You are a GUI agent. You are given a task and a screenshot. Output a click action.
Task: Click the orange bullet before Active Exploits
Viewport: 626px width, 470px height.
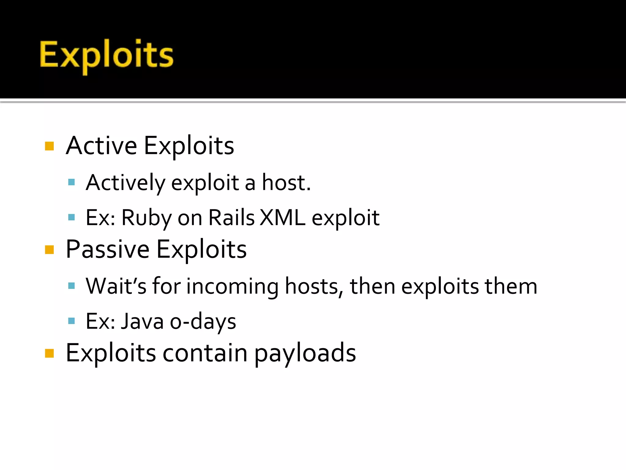tap(49, 146)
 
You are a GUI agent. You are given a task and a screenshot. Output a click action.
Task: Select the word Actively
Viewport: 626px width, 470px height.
tap(125, 183)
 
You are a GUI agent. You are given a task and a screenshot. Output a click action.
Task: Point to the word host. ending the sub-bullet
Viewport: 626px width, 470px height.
tap(286, 183)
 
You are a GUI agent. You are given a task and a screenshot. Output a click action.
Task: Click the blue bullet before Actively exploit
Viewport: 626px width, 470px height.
tap(72, 183)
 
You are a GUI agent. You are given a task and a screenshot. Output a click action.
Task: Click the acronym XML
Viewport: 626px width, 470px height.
tap(282, 218)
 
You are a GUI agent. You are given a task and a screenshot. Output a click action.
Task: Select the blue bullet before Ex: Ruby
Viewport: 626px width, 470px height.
tap(72, 218)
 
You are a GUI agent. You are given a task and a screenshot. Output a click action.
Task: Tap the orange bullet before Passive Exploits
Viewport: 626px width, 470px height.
tap(49, 250)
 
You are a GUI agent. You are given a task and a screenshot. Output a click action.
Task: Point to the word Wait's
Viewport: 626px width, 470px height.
tap(116, 286)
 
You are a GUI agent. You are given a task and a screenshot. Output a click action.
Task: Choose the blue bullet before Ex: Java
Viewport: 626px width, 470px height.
tap(72, 321)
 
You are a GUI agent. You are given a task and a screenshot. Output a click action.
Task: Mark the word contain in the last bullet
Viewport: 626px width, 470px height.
tap(205, 353)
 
